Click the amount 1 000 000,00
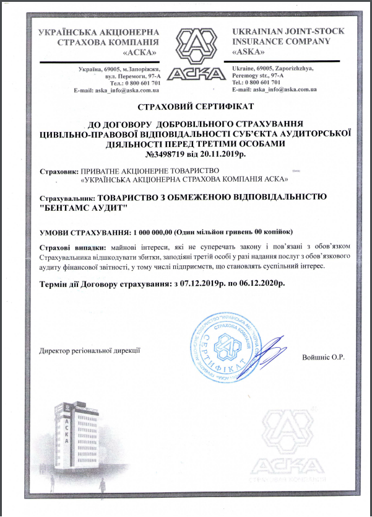(x=153, y=232)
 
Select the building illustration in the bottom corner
(x=68, y=440)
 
